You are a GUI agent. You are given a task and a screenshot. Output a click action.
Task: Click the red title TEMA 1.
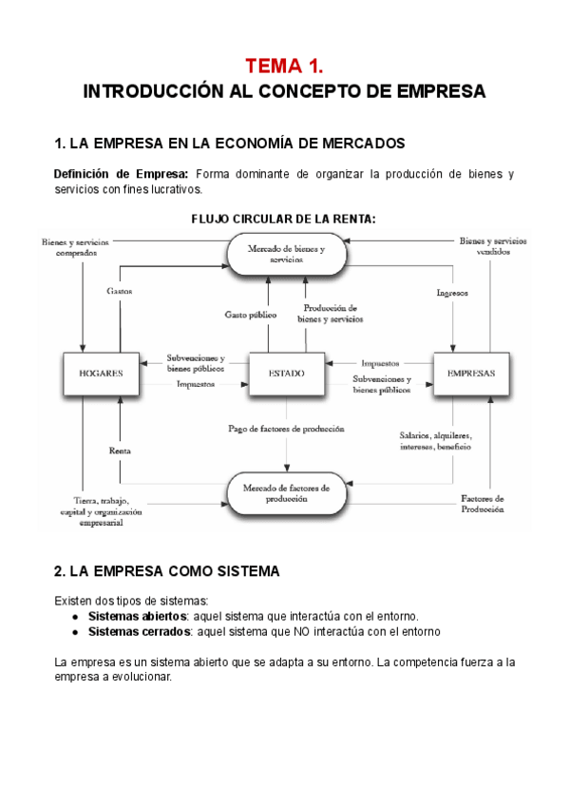(284, 66)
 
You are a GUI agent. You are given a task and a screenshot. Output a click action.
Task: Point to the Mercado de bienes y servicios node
(285, 254)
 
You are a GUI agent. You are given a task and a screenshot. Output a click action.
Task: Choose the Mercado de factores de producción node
(285, 493)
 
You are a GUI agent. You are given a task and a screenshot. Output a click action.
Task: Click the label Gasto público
(251, 313)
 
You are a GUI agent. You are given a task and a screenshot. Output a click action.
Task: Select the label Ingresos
(452, 293)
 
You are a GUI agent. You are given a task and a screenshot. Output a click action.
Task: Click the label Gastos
(120, 290)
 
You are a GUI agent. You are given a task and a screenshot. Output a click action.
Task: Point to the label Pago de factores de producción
(286, 429)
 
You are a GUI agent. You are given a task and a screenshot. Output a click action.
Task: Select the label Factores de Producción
(483, 503)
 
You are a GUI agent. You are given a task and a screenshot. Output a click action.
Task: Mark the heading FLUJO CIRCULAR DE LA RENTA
(283, 219)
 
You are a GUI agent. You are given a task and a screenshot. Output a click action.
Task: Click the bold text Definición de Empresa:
(121, 174)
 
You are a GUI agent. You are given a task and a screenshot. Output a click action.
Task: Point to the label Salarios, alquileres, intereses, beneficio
(436, 440)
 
